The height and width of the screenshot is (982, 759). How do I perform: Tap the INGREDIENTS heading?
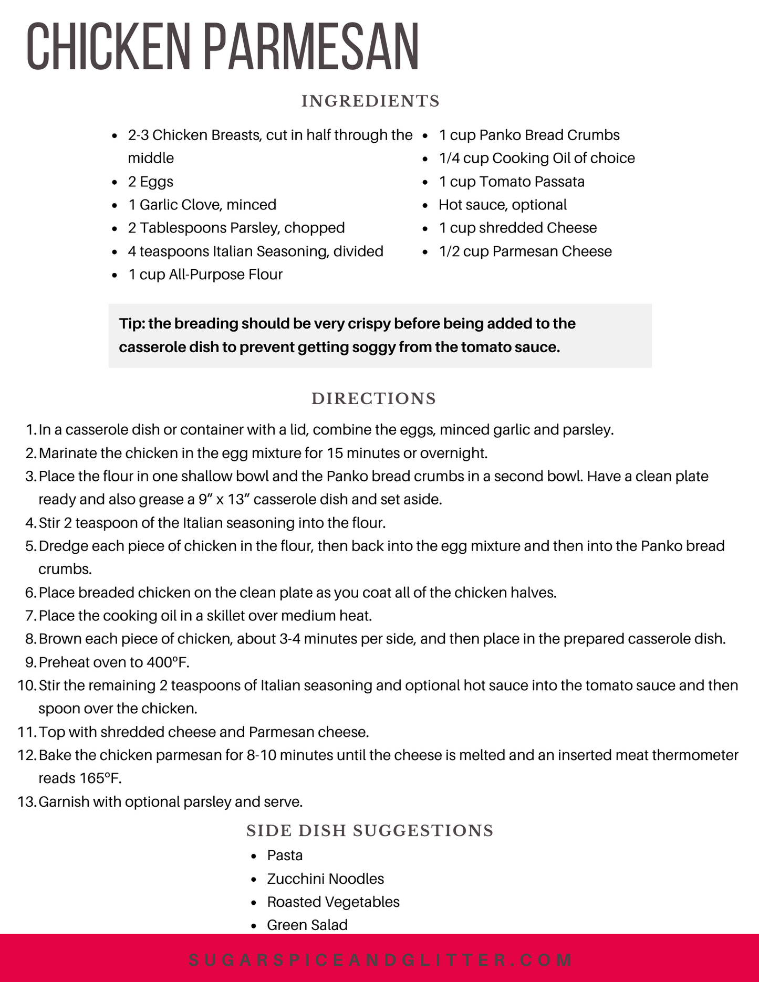point(370,101)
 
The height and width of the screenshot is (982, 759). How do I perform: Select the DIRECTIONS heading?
point(373,398)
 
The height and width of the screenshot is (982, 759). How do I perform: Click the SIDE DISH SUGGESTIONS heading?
point(370,830)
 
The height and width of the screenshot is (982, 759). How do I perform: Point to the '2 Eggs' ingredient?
point(150,182)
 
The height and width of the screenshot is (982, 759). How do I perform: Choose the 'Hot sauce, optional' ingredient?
point(502,205)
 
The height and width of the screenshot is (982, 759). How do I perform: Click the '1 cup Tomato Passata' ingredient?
point(511,182)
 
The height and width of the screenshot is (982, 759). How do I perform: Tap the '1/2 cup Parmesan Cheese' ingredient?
point(525,251)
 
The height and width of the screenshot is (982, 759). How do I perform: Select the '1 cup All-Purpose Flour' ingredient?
point(205,274)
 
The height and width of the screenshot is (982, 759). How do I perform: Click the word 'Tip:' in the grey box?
point(132,323)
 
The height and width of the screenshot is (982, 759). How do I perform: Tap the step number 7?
point(30,616)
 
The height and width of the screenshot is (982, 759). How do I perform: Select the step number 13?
point(27,801)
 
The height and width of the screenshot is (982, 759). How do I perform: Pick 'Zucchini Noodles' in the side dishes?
point(325,879)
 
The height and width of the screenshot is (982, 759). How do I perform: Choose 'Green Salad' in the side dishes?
point(307,925)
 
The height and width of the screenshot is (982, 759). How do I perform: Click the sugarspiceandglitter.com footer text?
point(379,960)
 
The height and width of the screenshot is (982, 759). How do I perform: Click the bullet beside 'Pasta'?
point(254,856)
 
